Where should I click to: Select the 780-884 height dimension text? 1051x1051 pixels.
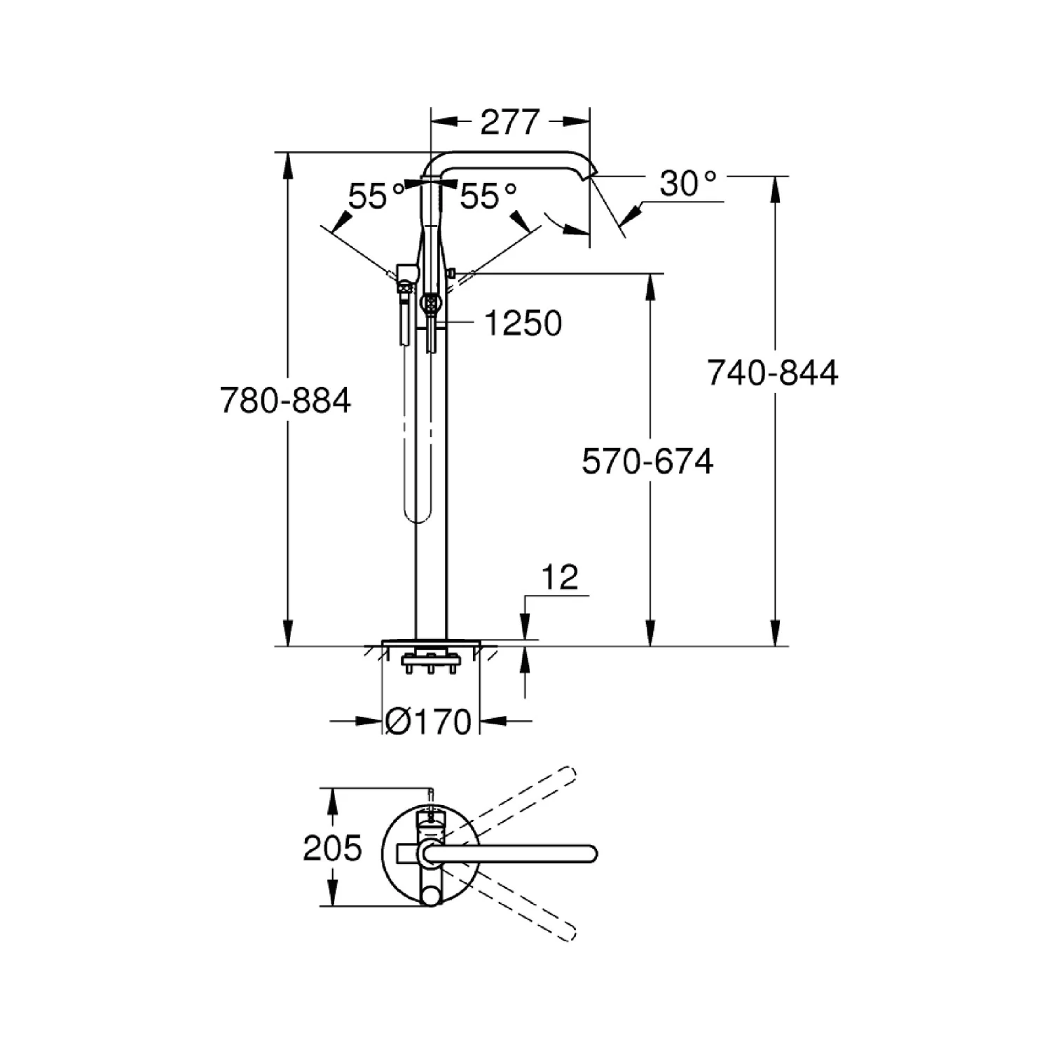tap(286, 401)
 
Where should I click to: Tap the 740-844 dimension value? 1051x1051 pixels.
tap(772, 373)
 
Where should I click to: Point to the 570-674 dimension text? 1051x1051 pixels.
tap(647, 462)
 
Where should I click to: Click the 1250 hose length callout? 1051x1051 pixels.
tap(523, 323)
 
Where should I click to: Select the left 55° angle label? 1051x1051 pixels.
tap(376, 196)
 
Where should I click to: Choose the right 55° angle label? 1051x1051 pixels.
tap(488, 196)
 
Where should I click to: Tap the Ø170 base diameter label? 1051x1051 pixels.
tap(429, 721)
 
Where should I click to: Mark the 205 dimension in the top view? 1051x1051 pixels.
tap(332, 849)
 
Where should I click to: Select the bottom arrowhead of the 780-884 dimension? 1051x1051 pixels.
tap(287, 634)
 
